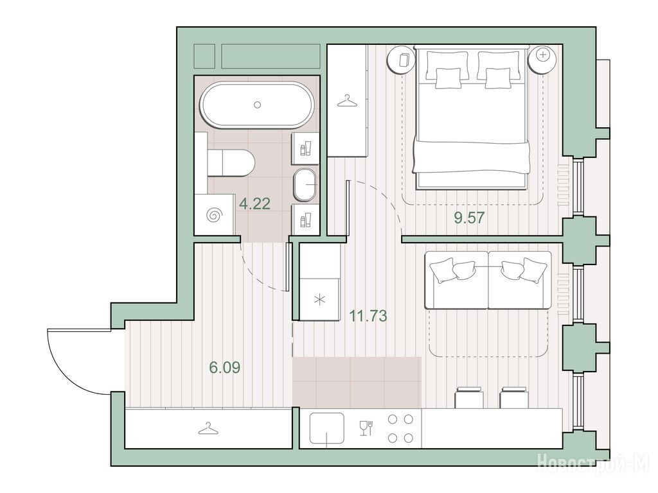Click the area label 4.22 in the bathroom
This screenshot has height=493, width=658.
click(x=254, y=204)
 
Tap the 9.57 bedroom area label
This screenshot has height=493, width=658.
click(x=469, y=218)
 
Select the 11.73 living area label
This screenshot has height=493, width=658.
click(x=368, y=316)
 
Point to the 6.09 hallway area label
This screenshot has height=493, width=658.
click(x=224, y=368)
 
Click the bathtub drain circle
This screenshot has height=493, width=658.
click(x=258, y=105)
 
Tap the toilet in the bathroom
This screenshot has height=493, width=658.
click(x=231, y=162)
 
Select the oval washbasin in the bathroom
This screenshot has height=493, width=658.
click(x=305, y=185)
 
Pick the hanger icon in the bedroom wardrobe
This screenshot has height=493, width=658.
click(x=346, y=101)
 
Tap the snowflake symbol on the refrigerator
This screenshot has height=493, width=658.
click(x=320, y=300)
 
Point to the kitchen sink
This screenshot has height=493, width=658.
click(x=327, y=428)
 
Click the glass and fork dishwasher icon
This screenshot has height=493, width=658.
click(x=366, y=428)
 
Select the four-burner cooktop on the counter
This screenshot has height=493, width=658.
click(x=400, y=428)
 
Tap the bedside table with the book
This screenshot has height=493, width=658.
click(x=402, y=59)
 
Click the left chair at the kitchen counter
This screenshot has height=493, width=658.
click(x=469, y=397)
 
